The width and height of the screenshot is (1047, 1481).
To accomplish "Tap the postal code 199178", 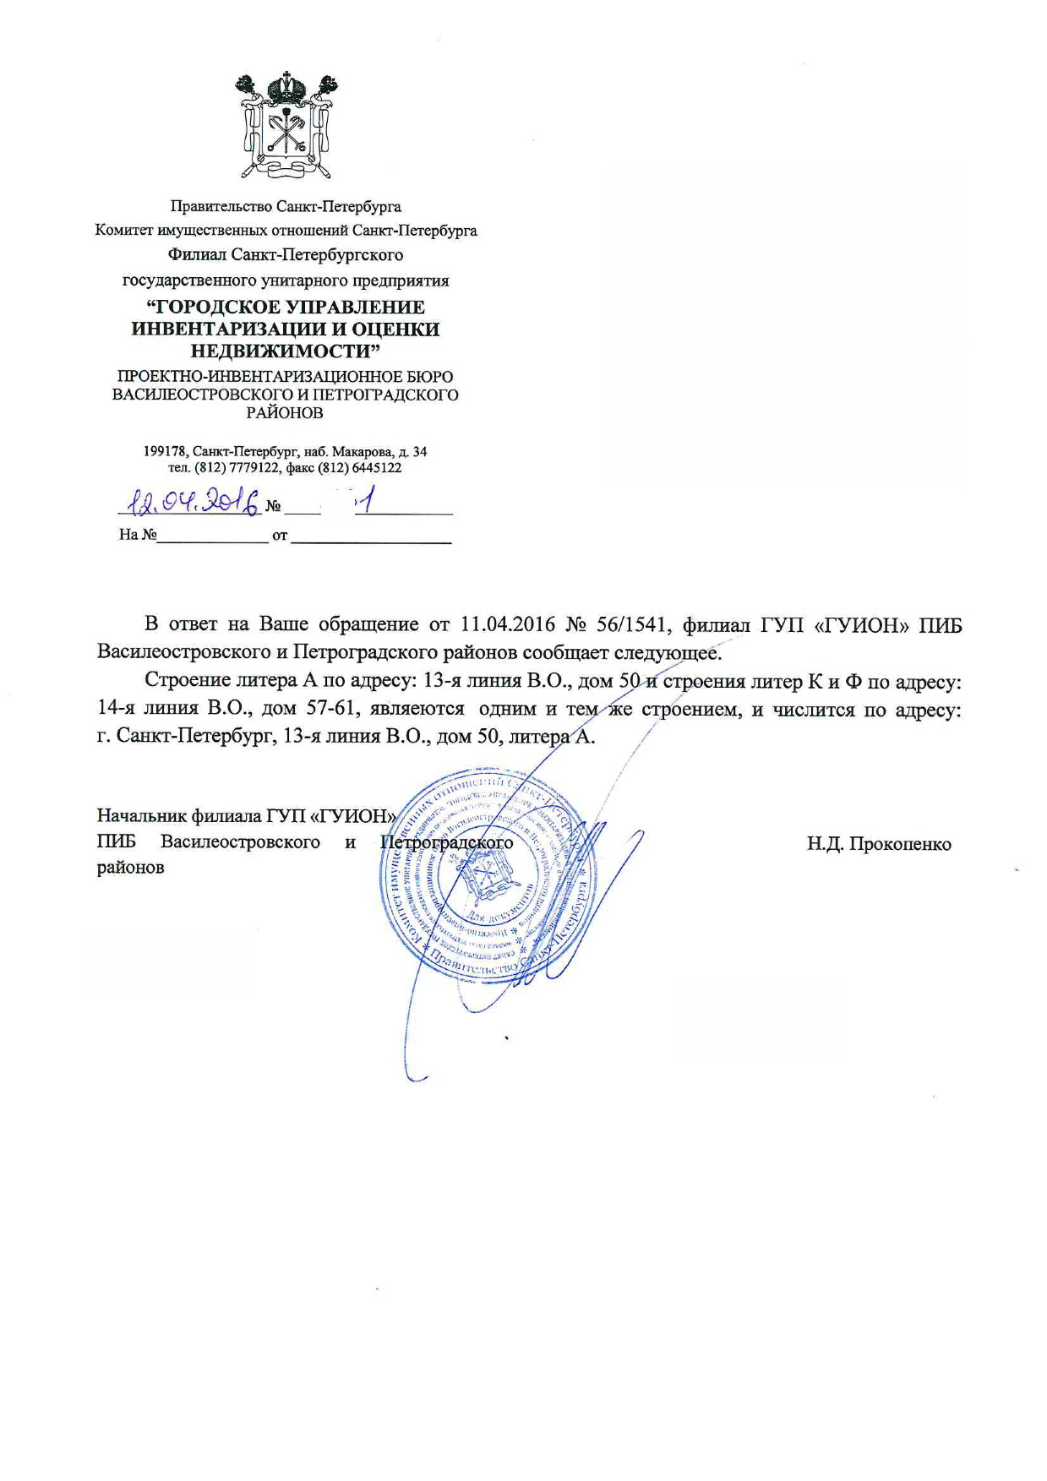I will pos(166,452).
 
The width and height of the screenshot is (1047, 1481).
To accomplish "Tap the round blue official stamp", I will pos(488,874).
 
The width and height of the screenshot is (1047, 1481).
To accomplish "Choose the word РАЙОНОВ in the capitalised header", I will pos(285,413).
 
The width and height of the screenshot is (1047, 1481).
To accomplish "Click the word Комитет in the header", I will pos(124,231).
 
